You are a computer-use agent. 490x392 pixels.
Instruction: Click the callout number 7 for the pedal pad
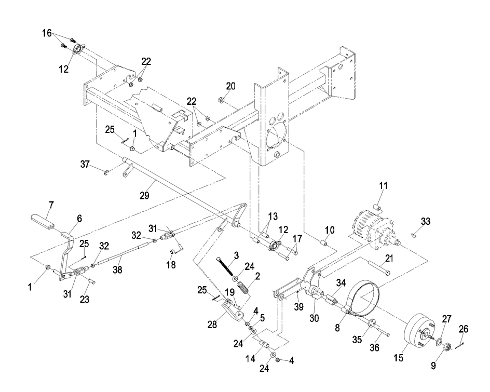tap(51, 205)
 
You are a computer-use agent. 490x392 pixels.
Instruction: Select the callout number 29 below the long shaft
tap(144, 196)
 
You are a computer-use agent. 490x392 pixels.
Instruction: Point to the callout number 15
tap(399, 357)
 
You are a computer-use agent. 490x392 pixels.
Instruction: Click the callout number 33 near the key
tap(426, 221)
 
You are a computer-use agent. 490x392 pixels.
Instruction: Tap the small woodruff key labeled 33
tap(413, 235)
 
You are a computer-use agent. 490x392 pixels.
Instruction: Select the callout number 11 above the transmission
tap(383, 186)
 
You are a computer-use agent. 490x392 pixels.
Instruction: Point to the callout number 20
tap(230, 86)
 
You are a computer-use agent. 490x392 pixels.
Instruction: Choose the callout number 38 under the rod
tap(117, 269)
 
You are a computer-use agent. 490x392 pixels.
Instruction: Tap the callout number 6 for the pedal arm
tap(79, 219)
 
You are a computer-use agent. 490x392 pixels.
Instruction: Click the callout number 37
tap(85, 164)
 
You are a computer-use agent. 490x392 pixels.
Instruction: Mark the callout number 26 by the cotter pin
tap(464, 329)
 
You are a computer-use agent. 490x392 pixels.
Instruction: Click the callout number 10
tap(330, 230)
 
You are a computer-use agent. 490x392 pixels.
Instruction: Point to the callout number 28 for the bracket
tap(212, 325)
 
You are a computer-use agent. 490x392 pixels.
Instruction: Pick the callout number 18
tap(171, 265)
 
